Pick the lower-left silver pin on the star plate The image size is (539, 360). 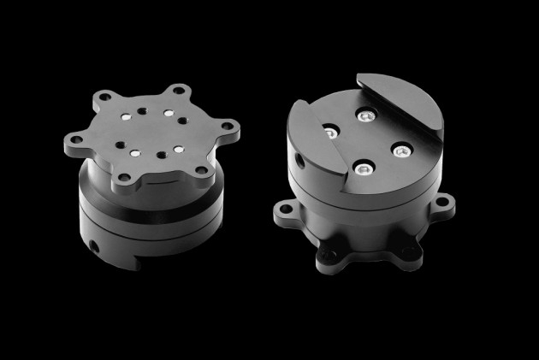pos(134,153)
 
